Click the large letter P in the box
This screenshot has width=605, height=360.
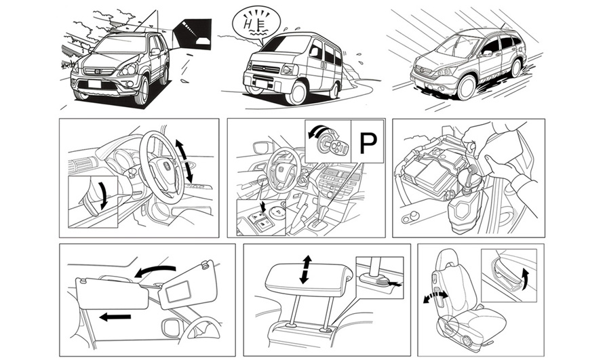click(368, 142)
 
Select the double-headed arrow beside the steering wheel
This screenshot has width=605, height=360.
click(185, 160)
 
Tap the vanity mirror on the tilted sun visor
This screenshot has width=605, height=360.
click(180, 293)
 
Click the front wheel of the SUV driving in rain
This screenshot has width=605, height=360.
click(465, 87)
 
